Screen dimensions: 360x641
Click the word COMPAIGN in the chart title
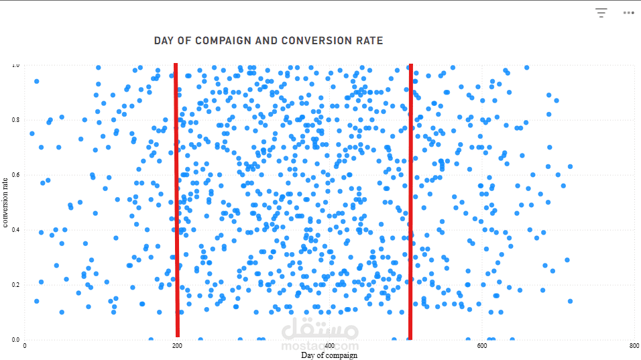221,40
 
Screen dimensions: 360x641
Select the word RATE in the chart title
369,40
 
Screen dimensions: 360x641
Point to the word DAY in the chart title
165,40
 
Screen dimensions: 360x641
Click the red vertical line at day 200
177,201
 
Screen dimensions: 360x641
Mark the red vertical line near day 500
410,201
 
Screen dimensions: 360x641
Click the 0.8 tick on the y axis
15,120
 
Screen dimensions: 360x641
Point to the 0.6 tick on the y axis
15,175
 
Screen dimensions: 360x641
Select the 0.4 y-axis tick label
15,230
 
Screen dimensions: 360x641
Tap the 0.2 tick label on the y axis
15,285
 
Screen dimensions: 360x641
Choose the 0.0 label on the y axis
15,340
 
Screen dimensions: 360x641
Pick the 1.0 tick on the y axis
15,65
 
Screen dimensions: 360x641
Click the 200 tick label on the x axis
177,346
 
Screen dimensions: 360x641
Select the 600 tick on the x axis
482,346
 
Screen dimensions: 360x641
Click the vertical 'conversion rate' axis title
5,202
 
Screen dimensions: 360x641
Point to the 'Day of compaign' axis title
329,355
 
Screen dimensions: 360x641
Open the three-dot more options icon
628,12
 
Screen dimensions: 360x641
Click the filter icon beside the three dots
601,12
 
